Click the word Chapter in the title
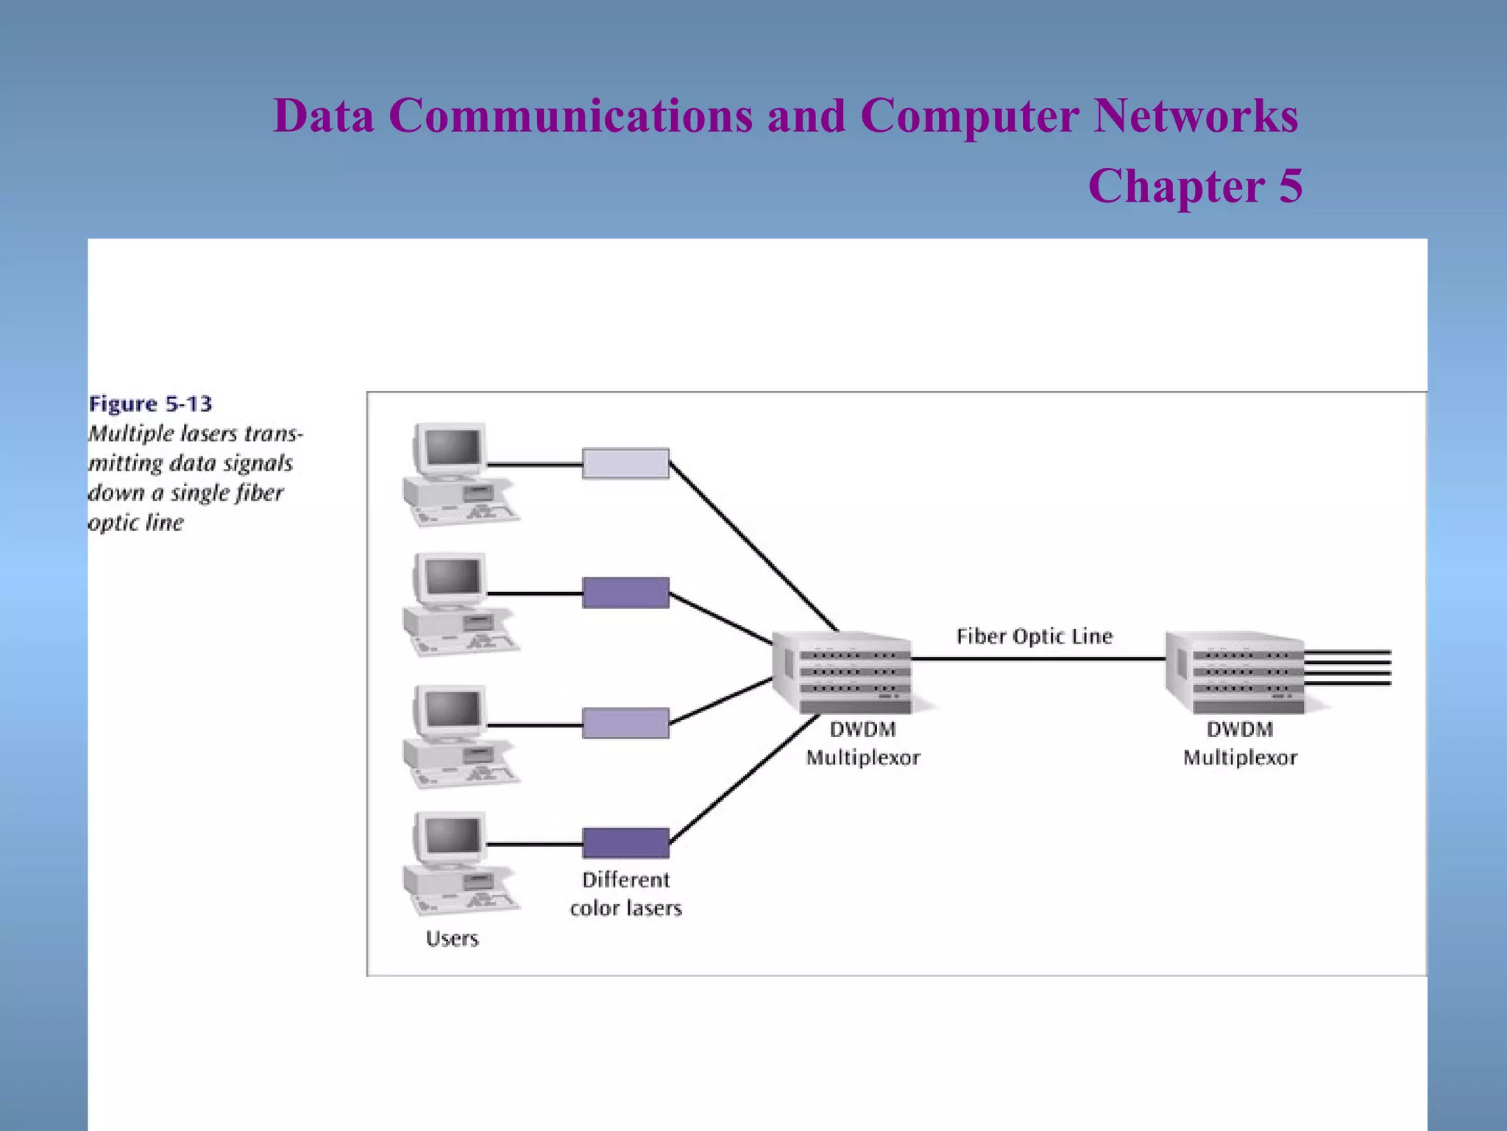(x=1176, y=186)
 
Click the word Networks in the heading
(x=1196, y=116)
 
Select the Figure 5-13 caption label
(x=150, y=404)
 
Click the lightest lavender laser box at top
(x=625, y=463)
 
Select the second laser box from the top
(x=625, y=593)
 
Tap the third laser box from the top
(x=625, y=723)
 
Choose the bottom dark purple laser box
(x=625, y=843)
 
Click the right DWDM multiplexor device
(x=1236, y=672)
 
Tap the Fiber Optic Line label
(x=1034, y=636)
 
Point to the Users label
(x=452, y=938)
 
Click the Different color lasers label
(x=625, y=894)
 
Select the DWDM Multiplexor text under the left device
(x=862, y=743)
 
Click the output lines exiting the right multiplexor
(x=1348, y=668)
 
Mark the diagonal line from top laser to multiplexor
(x=753, y=546)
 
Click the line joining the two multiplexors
(x=1038, y=659)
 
